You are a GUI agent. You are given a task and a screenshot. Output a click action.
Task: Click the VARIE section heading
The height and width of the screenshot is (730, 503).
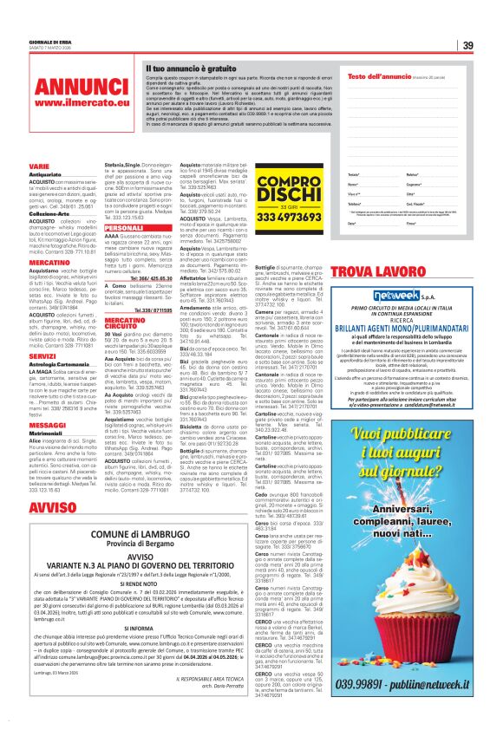click(x=39, y=165)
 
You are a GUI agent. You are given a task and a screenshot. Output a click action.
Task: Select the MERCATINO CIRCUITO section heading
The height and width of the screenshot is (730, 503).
click(x=125, y=324)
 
